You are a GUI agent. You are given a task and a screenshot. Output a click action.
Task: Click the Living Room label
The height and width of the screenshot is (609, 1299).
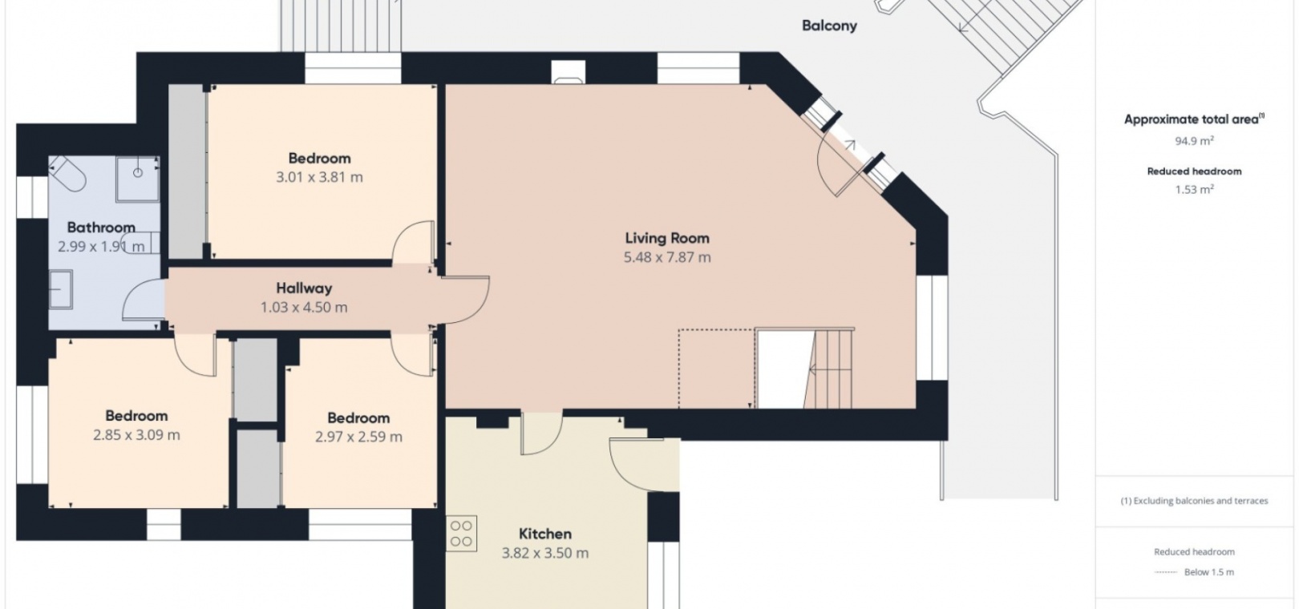(x=667, y=237)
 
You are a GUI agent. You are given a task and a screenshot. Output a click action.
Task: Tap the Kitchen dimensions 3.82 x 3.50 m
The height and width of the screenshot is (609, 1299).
(x=545, y=553)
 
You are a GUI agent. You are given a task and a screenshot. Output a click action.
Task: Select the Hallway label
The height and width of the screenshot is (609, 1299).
(x=304, y=288)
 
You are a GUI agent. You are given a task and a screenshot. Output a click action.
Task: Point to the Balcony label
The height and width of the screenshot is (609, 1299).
(x=829, y=26)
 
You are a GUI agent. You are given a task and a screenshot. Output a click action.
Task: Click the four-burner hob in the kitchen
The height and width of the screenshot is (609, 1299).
(x=462, y=533)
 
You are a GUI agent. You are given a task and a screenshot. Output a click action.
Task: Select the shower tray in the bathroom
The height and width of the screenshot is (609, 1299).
(x=137, y=179)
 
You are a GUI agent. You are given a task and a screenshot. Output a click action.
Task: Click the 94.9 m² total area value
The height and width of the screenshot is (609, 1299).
(x=1194, y=141)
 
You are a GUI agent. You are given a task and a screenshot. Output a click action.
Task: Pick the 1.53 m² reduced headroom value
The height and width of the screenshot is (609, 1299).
(x=1194, y=189)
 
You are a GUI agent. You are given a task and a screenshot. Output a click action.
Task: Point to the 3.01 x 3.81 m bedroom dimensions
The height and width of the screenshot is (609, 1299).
(x=319, y=177)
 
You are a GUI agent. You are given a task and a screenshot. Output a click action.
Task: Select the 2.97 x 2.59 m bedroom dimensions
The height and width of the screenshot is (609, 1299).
(x=358, y=437)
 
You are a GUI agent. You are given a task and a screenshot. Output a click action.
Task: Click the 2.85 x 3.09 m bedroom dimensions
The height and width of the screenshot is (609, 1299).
(x=136, y=434)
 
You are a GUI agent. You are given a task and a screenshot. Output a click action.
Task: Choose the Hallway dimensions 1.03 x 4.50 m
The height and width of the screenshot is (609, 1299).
(x=304, y=307)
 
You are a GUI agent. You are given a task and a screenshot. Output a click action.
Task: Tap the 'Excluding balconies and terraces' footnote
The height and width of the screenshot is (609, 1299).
(x=1194, y=501)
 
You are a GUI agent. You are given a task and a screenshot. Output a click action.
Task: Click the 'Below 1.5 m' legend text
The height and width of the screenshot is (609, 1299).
(x=1209, y=572)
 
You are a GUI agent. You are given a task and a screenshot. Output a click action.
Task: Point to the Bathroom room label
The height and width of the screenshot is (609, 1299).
(x=101, y=227)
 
